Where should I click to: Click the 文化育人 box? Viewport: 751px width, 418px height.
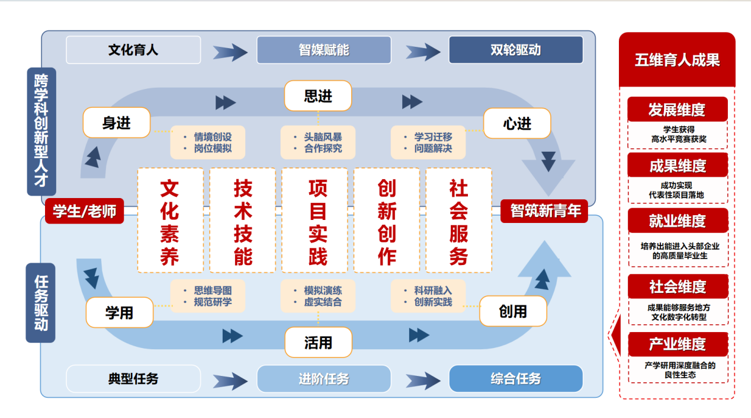[x=133, y=50]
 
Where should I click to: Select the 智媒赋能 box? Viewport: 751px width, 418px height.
[x=323, y=50]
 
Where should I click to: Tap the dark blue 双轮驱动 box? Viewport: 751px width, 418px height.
[x=515, y=50]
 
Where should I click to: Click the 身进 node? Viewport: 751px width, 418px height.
[x=117, y=123]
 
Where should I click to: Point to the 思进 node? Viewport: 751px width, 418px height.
[x=318, y=96]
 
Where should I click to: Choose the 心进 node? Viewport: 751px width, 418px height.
[x=517, y=124]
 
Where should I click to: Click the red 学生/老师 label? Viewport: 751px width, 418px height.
[x=84, y=210]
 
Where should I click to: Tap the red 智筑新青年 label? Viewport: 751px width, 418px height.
[x=544, y=210]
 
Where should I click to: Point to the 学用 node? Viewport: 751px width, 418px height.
[x=119, y=312]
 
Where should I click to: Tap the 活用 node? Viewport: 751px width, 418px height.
[x=318, y=342]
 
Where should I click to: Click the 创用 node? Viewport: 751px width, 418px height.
[x=512, y=311]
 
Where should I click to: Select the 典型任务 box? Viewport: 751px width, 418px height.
[x=133, y=378]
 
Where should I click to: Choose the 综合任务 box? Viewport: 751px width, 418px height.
[x=515, y=378]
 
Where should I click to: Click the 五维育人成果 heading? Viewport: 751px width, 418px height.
[x=677, y=60]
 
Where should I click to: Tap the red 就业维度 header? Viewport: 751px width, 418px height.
[x=678, y=221]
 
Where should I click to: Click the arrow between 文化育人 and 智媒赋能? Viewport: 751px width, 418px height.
[x=230, y=52]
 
